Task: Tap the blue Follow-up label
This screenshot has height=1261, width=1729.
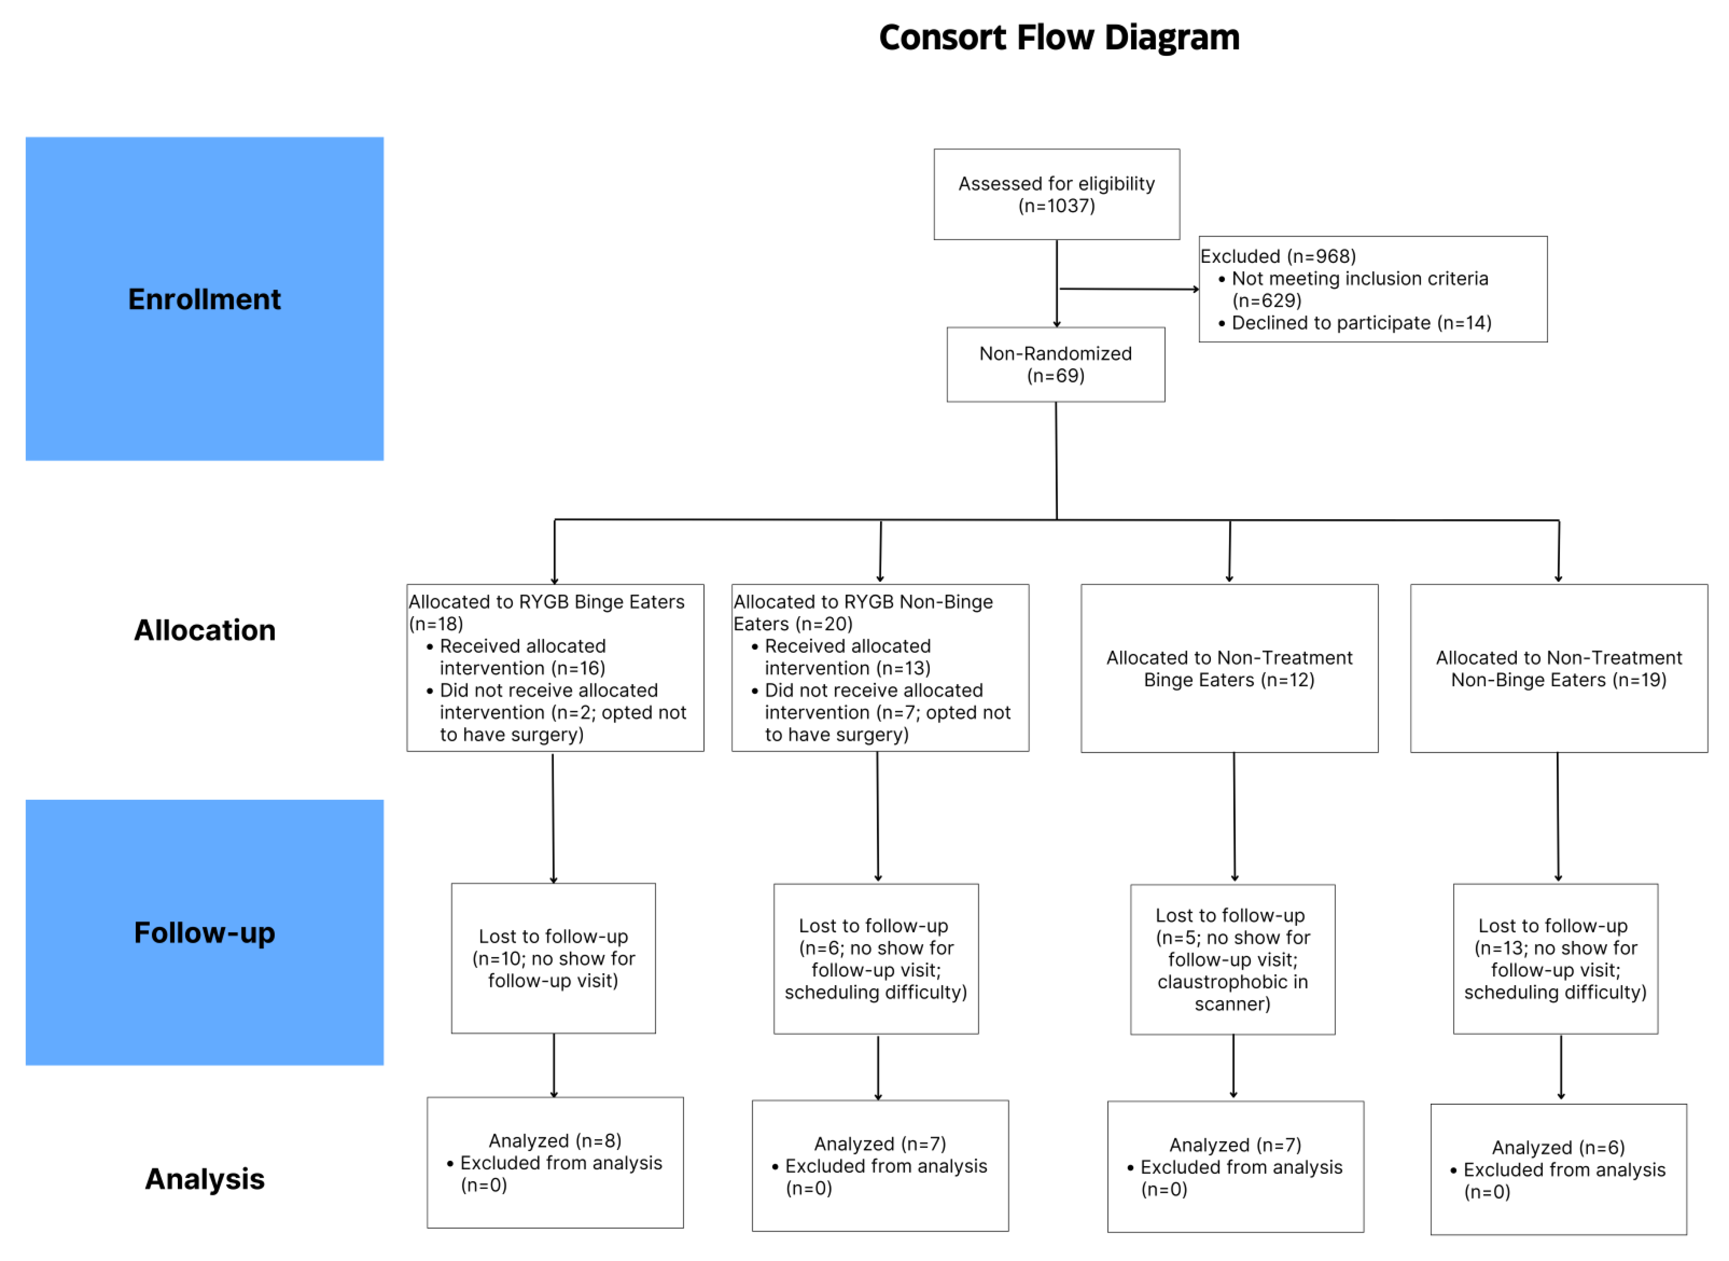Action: click(205, 933)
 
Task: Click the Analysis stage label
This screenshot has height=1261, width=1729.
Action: click(205, 1179)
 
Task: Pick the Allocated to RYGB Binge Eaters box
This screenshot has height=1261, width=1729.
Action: click(555, 668)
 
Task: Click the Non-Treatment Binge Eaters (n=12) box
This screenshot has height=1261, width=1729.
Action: click(1229, 669)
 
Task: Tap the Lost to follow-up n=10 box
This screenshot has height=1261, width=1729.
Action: click(553, 959)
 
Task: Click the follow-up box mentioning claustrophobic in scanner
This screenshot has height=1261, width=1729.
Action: click(1232, 959)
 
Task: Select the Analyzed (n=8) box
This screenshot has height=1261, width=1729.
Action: click(555, 1163)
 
